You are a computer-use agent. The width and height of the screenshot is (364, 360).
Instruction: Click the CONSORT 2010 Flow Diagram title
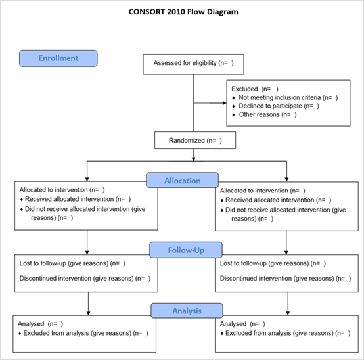183,12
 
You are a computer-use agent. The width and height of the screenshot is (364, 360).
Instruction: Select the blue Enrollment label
58,58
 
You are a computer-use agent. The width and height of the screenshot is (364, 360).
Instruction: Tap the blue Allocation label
183,180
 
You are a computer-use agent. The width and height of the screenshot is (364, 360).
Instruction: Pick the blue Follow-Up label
186,250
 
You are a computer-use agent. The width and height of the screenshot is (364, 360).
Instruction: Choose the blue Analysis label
187,311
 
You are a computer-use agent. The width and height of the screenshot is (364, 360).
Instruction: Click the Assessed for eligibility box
193,64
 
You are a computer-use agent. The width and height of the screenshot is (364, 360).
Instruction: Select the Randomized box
195,140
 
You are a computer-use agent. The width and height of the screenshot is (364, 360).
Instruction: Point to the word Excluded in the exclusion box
244,89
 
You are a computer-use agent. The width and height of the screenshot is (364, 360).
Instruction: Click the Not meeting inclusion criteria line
288,97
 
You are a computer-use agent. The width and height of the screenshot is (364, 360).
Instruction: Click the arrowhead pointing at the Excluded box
225,103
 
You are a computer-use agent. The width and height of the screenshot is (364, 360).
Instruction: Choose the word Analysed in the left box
31,324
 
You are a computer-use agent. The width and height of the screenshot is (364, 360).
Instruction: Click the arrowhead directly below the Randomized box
194,159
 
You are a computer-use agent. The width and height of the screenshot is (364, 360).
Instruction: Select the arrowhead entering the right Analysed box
288,313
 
